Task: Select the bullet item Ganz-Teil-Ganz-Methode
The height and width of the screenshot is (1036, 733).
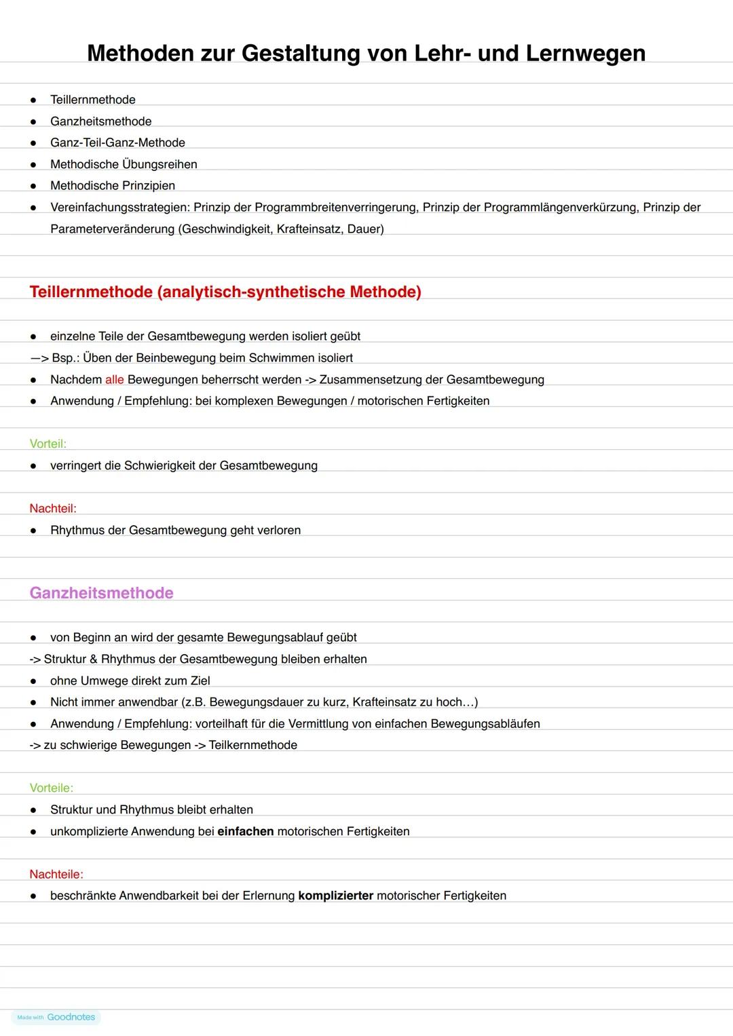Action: (117, 142)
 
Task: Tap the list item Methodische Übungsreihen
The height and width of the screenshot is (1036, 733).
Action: (124, 164)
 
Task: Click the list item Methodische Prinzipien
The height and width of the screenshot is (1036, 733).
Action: (113, 186)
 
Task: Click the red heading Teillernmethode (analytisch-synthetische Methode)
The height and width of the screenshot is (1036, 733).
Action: (225, 292)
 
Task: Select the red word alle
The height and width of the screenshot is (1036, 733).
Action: (114, 380)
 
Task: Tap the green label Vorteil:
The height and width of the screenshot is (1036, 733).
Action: (48, 444)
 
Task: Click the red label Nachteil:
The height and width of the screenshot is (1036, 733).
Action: (53, 509)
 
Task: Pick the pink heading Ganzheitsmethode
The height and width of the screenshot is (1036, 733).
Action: (102, 593)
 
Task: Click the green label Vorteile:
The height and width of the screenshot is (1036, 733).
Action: (52, 788)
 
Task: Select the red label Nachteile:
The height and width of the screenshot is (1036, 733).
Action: (56, 875)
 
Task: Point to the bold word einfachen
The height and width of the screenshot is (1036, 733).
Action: (246, 832)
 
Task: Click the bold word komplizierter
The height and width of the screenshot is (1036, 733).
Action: (336, 896)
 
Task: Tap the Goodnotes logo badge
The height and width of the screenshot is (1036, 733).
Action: (56, 1017)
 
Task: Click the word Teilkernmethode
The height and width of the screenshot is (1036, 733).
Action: (253, 746)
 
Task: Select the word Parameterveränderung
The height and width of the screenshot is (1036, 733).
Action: (113, 229)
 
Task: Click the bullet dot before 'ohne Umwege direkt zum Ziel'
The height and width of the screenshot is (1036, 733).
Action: (33, 681)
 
